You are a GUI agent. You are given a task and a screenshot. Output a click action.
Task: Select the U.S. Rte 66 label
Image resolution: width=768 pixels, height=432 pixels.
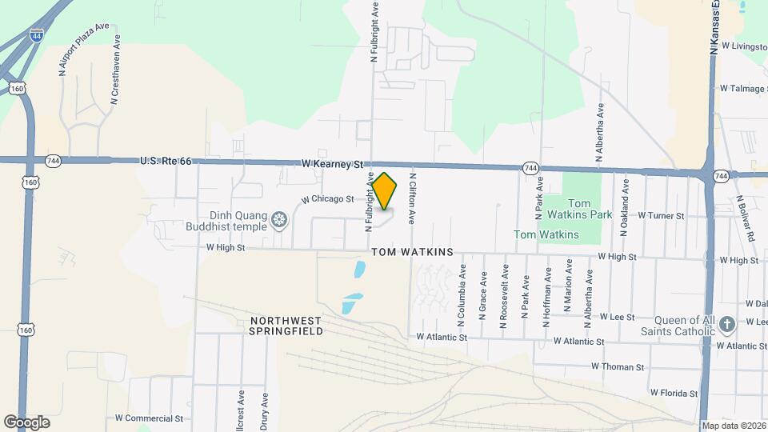coord(166,161)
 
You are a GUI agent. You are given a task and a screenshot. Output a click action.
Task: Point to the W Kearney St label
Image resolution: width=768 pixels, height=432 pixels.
coord(333,163)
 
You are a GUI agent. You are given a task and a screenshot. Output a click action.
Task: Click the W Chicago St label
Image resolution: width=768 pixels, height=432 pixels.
coord(327,199)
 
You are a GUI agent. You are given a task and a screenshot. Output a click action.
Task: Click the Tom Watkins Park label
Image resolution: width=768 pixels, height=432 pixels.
coord(590,210)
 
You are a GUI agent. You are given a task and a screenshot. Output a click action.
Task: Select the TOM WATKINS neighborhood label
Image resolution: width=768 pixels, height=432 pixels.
coord(412,252)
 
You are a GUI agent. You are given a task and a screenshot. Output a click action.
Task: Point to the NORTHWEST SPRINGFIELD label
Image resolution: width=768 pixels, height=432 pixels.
coord(286,325)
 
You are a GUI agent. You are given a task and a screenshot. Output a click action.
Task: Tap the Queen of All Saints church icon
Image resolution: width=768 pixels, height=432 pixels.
coord(726,325)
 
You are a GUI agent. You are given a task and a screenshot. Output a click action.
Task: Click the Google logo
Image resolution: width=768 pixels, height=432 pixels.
coord(26,422)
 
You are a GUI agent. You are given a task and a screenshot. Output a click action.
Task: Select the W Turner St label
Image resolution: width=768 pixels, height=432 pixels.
coord(658,216)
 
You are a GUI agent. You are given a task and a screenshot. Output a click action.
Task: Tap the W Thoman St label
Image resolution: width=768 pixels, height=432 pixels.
coord(618,366)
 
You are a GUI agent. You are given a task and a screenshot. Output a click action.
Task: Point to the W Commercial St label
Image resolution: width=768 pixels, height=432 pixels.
coord(149,418)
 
